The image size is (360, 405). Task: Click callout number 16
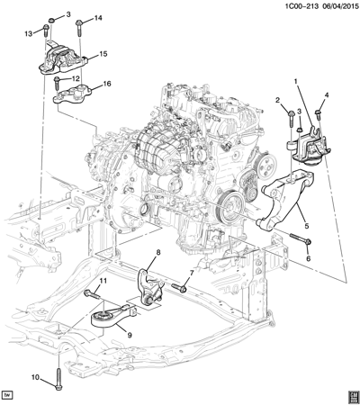tap(107, 84)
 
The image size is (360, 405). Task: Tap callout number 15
tap(103, 54)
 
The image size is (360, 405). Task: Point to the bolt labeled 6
tap(301, 238)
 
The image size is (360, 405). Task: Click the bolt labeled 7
tap(179, 288)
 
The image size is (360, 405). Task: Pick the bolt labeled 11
tap(92, 294)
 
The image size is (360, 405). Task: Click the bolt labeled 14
tap(79, 29)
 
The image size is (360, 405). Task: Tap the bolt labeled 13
tap(46, 31)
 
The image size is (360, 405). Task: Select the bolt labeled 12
tap(57, 84)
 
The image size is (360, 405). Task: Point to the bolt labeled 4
tap(318, 116)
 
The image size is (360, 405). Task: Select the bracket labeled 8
tap(151, 289)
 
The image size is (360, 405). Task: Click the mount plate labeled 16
tap(74, 94)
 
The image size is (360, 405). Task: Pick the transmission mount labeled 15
tap(62, 59)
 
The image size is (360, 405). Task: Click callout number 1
tap(295, 81)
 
